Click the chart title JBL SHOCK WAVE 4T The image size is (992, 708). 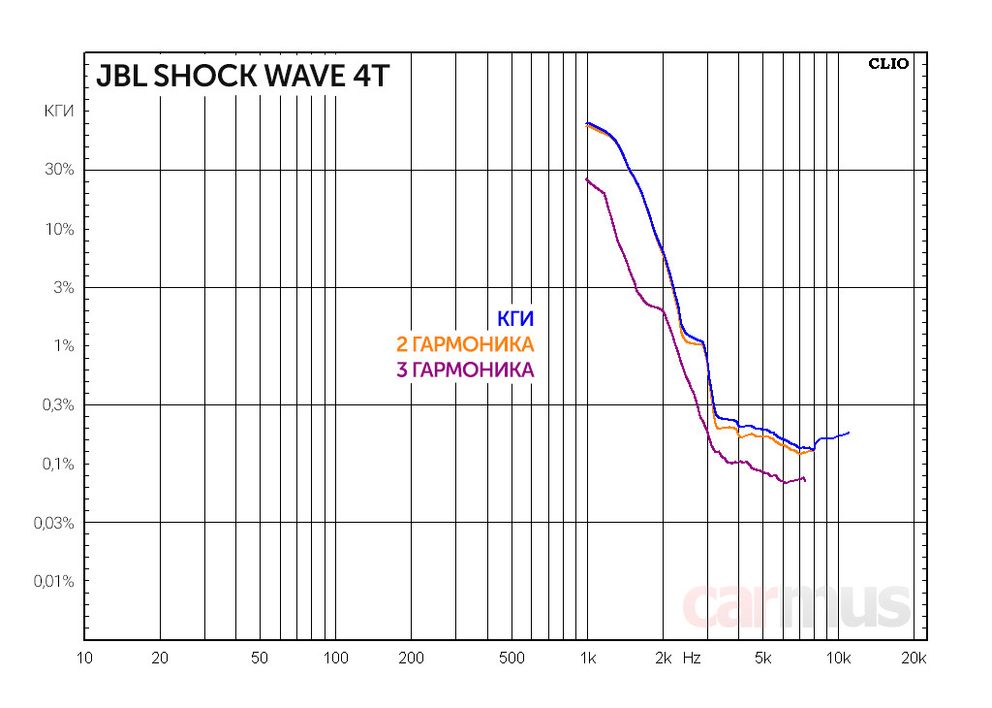point(241,76)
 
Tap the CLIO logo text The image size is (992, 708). point(888,64)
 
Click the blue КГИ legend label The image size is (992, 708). point(515,319)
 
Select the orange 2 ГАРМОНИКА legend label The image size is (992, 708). point(465,344)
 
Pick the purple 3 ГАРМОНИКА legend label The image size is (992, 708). point(465,370)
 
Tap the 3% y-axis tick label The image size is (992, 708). point(64,287)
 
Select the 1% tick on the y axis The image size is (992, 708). point(64,346)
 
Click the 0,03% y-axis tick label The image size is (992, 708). point(54,523)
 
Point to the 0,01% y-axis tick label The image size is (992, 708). point(54,581)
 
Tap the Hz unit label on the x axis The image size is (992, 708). point(692,658)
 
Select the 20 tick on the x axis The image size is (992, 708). point(160,658)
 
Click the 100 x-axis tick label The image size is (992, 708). point(335,658)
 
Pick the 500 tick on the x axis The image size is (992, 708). point(511,658)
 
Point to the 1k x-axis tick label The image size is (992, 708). point(587,658)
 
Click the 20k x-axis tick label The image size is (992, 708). point(914,658)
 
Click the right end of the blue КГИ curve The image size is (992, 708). point(849,433)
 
